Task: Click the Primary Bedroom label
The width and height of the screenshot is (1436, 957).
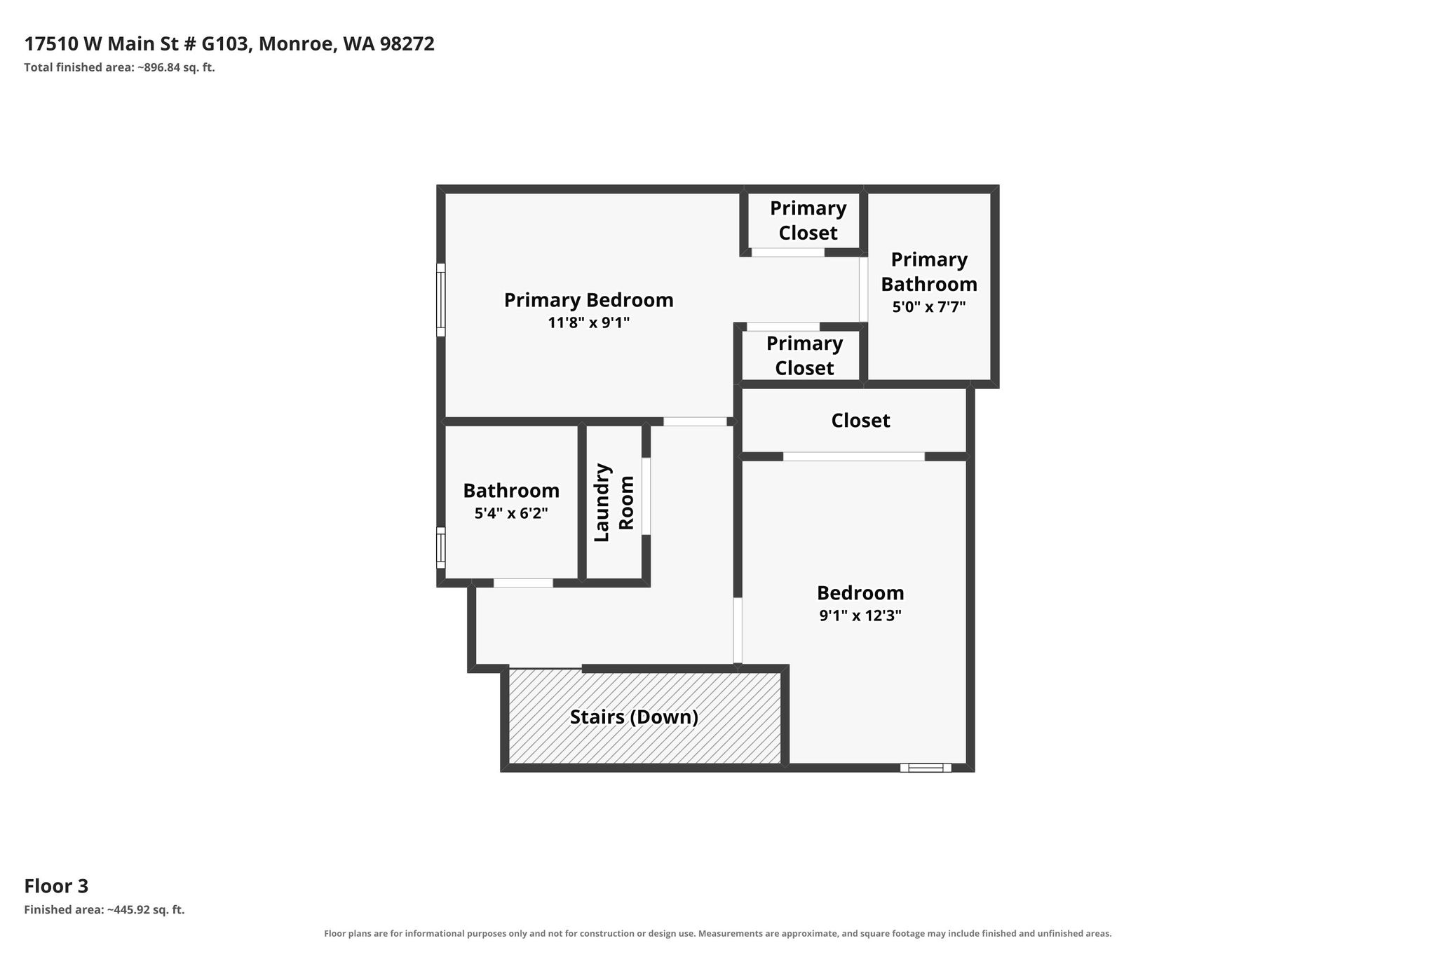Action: (x=588, y=300)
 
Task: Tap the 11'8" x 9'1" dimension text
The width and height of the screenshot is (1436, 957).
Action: (x=589, y=323)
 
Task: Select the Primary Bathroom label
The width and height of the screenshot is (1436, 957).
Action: (x=929, y=271)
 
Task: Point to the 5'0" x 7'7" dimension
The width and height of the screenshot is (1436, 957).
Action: (x=929, y=306)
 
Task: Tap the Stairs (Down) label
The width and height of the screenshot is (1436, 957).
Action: (x=634, y=717)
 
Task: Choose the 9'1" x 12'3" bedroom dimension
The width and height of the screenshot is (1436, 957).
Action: (x=860, y=616)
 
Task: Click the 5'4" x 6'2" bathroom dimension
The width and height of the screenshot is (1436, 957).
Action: (x=511, y=513)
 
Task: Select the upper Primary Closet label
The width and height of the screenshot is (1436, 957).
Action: (x=808, y=220)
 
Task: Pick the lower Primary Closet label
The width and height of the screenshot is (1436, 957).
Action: (x=804, y=355)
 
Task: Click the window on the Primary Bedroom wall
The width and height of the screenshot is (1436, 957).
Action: (x=441, y=299)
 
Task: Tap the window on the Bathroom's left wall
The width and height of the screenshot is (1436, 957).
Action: (x=441, y=548)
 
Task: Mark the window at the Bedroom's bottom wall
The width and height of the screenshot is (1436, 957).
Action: (x=926, y=768)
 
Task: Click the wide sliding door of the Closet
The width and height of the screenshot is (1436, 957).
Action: (x=853, y=456)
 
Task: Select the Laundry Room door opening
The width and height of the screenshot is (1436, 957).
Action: (x=646, y=496)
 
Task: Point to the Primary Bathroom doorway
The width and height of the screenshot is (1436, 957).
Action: (x=864, y=289)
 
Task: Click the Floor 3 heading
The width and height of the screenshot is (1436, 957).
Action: (x=56, y=886)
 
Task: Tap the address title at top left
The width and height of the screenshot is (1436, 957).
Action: (x=229, y=44)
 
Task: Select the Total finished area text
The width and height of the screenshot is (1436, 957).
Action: (x=119, y=67)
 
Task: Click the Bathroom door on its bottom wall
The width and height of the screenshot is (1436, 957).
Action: (x=523, y=583)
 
